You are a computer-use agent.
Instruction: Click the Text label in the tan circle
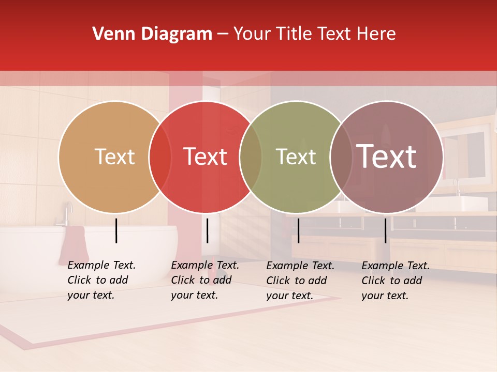click(x=114, y=157)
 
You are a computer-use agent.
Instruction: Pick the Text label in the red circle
click(x=205, y=157)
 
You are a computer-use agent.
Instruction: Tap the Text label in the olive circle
click(x=296, y=157)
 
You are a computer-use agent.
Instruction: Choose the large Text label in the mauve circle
click(x=386, y=157)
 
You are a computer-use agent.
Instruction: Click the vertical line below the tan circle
click(x=116, y=230)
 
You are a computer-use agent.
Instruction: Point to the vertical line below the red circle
click(x=207, y=230)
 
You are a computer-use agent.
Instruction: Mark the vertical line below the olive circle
click(x=298, y=230)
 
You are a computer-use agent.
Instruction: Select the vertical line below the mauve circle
click(x=385, y=230)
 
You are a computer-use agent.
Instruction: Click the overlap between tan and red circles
click(x=160, y=157)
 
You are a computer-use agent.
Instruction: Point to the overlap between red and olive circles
click(x=251, y=157)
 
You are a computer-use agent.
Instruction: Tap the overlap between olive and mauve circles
click(x=341, y=157)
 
